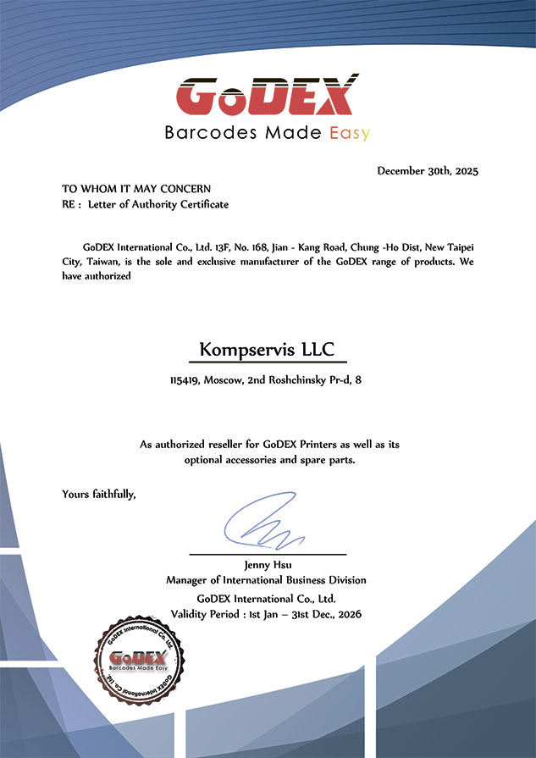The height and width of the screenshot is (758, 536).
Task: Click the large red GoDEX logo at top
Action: click(268, 95)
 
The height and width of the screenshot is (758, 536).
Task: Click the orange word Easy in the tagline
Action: click(348, 133)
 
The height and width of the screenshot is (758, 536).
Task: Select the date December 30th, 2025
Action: click(428, 171)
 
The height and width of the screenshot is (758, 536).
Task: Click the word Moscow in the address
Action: click(222, 381)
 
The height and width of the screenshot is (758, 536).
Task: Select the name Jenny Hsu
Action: click(267, 564)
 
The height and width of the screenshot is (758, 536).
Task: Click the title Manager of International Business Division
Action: click(267, 580)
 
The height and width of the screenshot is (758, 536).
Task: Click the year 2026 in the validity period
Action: click(348, 613)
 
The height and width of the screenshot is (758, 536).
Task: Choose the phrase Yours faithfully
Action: click(99, 493)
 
